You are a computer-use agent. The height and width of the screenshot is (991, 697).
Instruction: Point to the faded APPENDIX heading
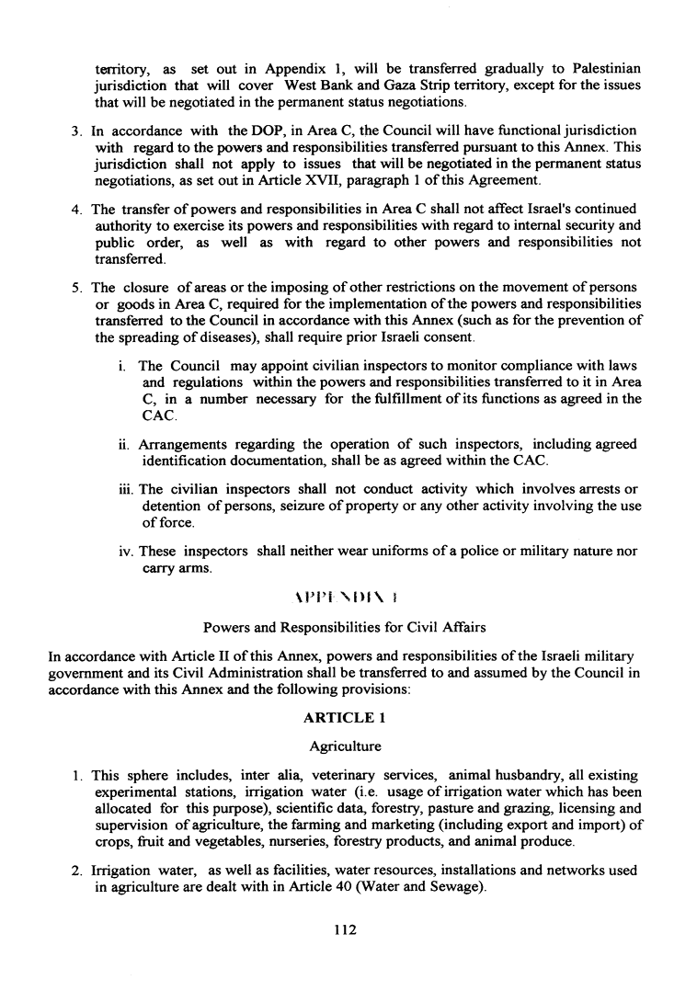[347, 596]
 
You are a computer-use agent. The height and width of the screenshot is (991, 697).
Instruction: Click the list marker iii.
[127, 488]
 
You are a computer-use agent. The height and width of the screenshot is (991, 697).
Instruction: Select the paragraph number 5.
[77, 287]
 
